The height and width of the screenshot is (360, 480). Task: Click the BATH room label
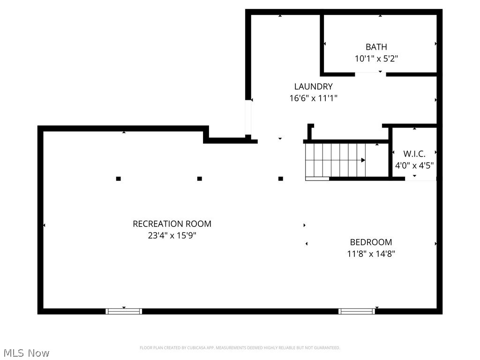pyautogui.click(x=376, y=47)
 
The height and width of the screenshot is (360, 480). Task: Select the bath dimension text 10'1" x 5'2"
pyautogui.click(x=376, y=59)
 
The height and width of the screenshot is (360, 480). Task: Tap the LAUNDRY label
pyautogui.click(x=313, y=86)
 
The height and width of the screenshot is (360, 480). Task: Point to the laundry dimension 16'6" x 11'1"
pyautogui.click(x=313, y=98)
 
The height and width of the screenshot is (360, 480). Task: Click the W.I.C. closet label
pyautogui.click(x=414, y=154)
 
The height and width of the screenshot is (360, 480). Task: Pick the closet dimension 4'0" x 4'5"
pyautogui.click(x=414, y=165)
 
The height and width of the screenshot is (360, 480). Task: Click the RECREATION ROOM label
pyautogui.click(x=172, y=224)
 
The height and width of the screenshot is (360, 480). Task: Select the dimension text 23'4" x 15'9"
pyautogui.click(x=172, y=235)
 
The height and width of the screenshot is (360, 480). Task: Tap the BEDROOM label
pyautogui.click(x=371, y=242)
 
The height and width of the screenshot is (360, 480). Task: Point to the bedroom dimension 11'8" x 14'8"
pyautogui.click(x=371, y=254)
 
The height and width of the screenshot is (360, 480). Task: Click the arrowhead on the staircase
pyautogui.click(x=363, y=160)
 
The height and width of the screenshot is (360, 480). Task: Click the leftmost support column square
pyautogui.click(x=119, y=179)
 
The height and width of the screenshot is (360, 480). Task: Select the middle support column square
pyautogui.click(x=200, y=179)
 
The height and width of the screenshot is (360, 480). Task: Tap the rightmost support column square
pyautogui.click(x=281, y=179)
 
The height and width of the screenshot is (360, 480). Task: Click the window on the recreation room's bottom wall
pyautogui.click(x=124, y=311)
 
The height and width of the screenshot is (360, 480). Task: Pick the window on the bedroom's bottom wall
pyautogui.click(x=357, y=311)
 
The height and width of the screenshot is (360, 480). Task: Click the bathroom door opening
pyautogui.click(x=370, y=74)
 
